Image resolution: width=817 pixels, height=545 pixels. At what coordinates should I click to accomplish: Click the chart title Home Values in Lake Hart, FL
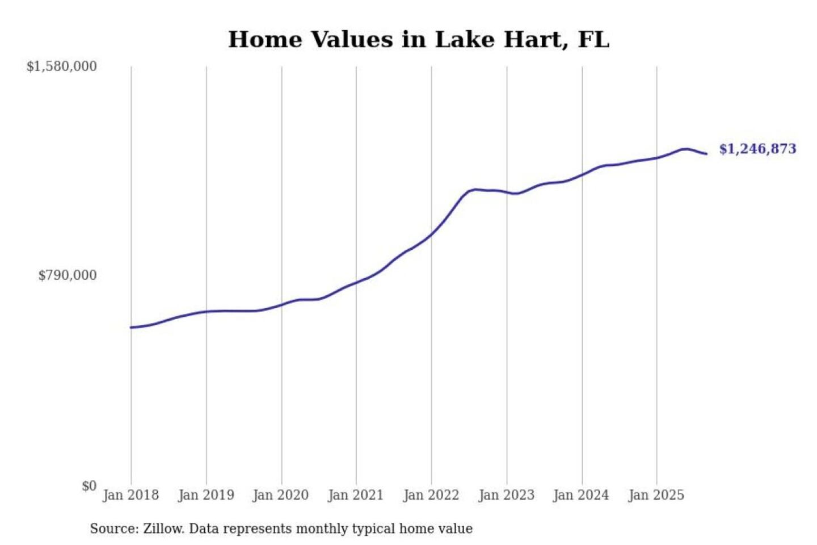coord(419,40)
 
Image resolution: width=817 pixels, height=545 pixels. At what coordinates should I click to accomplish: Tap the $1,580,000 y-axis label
coord(62,66)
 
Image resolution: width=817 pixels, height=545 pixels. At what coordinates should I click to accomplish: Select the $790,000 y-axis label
coord(68,275)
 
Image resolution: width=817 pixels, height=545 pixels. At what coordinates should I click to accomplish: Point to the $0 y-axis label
coord(89,486)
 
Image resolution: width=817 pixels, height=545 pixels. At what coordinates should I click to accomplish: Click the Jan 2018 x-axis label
coord(131,495)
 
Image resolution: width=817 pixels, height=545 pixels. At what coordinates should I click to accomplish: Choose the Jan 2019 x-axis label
coord(206,495)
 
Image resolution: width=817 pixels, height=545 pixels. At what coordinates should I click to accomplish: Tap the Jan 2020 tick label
coord(281,495)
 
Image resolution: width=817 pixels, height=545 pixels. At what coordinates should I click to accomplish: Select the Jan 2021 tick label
coord(356,495)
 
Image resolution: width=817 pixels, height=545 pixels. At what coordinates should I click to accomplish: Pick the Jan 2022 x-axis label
coord(431,495)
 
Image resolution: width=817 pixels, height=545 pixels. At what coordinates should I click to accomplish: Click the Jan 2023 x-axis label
coord(507,495)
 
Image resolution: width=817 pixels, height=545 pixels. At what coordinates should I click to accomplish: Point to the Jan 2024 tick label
coord(582,495)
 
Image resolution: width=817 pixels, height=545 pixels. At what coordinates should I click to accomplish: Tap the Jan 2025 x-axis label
coord(656,495)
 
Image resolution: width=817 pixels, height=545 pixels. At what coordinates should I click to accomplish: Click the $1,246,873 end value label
coord(757,149)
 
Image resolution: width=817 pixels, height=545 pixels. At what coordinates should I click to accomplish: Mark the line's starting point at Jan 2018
coord(131,328)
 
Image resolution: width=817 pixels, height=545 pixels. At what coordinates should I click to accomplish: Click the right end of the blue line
coord(706,154)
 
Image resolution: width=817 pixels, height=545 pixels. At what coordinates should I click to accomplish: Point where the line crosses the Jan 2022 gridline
coord(432,233)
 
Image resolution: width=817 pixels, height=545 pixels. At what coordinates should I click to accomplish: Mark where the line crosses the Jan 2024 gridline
coord(582,175)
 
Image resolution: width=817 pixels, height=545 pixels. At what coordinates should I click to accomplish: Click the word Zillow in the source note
coord(163,529)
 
